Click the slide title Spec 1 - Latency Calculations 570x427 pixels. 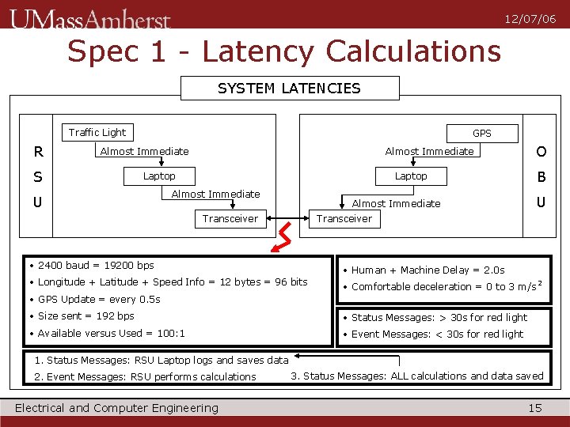coord(284,52)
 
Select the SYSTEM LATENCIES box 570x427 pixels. coord(290,88)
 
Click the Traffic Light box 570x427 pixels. coord(97,133)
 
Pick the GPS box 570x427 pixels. coord(482,134)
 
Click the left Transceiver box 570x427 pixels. coord(230,219)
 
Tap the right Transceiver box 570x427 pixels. coord(344,219)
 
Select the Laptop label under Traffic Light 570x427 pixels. coord(159,176)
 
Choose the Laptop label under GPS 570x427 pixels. coord(411,176)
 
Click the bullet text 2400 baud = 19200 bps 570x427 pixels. coord(96,266)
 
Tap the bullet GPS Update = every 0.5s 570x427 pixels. coord(99,300)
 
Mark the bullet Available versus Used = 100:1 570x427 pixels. coord(112,334)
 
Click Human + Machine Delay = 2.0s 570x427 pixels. coord(428,270)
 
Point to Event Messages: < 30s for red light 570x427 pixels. coord(437,334)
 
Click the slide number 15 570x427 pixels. coord(535,408)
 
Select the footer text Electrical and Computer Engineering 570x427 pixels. coord(117,408)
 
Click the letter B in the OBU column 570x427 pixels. coord(541,176)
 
